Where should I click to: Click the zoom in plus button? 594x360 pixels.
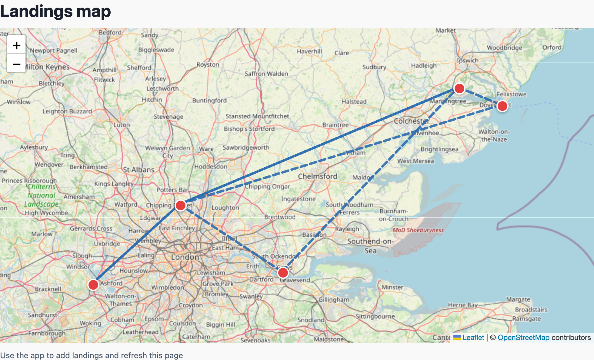pyautogui.click(x=16, y=45)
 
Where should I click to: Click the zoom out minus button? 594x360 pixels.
pyautogui.click(x=16, y=64)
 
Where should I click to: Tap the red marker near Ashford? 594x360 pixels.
pyautogui.click(x=93, y=285)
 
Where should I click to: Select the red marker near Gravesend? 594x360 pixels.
pyautogui.click(x=283, y=273)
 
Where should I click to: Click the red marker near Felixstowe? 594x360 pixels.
pyautogui.click(x=502, y=106)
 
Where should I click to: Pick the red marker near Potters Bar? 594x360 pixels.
pyautogui.click(x=181, y=205)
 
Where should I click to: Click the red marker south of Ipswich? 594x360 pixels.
pyautogui.click(x=459, y=88)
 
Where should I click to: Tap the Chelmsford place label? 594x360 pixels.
pyautogui.click(x=317, y=176)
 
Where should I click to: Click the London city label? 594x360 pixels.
pyautogui.click(x=185, y=257)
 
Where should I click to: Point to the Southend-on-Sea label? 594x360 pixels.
pyautogui.click(x=370, y=246)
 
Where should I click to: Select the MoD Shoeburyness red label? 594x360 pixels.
pyautogui.click(x=418, y=230)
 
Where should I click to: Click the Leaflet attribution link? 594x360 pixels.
pyautogui.click(x=473, y=338)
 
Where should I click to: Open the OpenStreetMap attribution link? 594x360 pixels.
pyautogui.click(x=523, y=338)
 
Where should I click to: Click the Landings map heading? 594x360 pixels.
pyautogui.click(x=55, y=12)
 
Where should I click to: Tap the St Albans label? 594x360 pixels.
pyautogui.click(x=138, y=170)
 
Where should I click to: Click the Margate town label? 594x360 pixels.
pyautogui.click(x=518, y=299)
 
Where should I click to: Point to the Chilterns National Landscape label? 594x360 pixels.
pyautogui.click(x=42, y=195)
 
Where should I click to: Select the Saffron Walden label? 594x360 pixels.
pyautogui.click(x=266, y=74)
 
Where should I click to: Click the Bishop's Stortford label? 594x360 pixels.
pyautogui.click(x=249, y=129)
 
